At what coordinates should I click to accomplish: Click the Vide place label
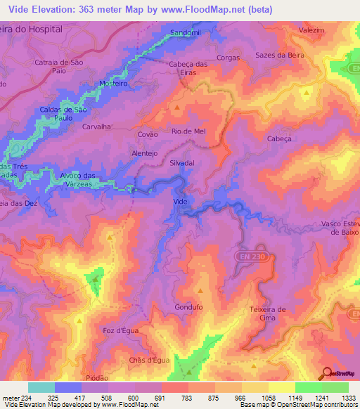pyautogui.click(x=180, y=201)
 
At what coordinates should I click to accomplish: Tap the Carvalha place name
pyautogui.click(x=98, y=127)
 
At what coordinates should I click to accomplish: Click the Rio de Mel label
pyautogui.click(x=188, y=131)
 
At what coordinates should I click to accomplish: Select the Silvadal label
pyautogui.click(x=181, y=162)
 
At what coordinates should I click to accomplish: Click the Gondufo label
pyautogui.click(x=188, y=308)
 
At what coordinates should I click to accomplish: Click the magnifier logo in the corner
pyautogui.click(x=327, y=373)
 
